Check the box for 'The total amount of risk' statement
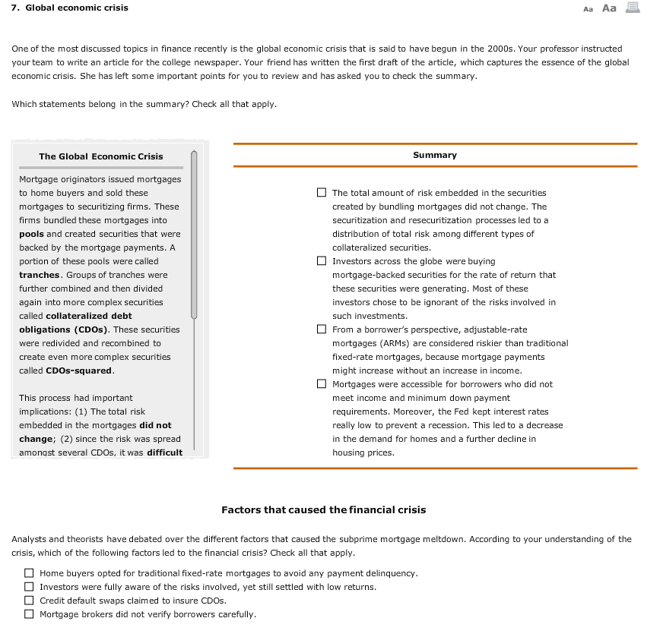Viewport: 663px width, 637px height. click(x=322, y=193)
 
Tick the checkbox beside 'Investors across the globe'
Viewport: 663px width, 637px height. click(x=322, y=261)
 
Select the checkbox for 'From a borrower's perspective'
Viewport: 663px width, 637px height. click(x=322, y=330)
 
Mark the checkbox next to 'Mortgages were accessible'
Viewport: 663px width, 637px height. click(x=322, y=384)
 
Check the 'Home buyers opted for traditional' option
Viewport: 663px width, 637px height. click(x=29, y=573)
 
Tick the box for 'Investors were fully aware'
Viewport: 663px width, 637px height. click(x=29, y=587)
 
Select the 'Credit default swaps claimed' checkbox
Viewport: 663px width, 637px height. click(x=29, y=601)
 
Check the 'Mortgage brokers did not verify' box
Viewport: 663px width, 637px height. click(x=29, y=614)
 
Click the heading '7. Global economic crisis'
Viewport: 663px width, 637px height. click(x=69, y=8)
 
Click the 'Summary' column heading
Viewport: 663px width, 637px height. click(x=435, y=155)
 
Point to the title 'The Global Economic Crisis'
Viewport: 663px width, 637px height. click(x=101, y=156)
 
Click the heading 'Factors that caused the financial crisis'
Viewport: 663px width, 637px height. click(x=323, y=509)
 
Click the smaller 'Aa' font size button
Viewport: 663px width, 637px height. click(x=587, y=9)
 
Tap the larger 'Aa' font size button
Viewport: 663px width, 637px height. click(x=609, y=8)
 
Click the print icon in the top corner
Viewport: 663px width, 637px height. click(x=633, y=8)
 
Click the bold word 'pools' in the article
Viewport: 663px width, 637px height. click(x=31, y=234)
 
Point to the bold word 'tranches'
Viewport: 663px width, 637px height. click(x=39, y=275)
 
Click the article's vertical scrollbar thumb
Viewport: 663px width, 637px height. click(x=194, y=235)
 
